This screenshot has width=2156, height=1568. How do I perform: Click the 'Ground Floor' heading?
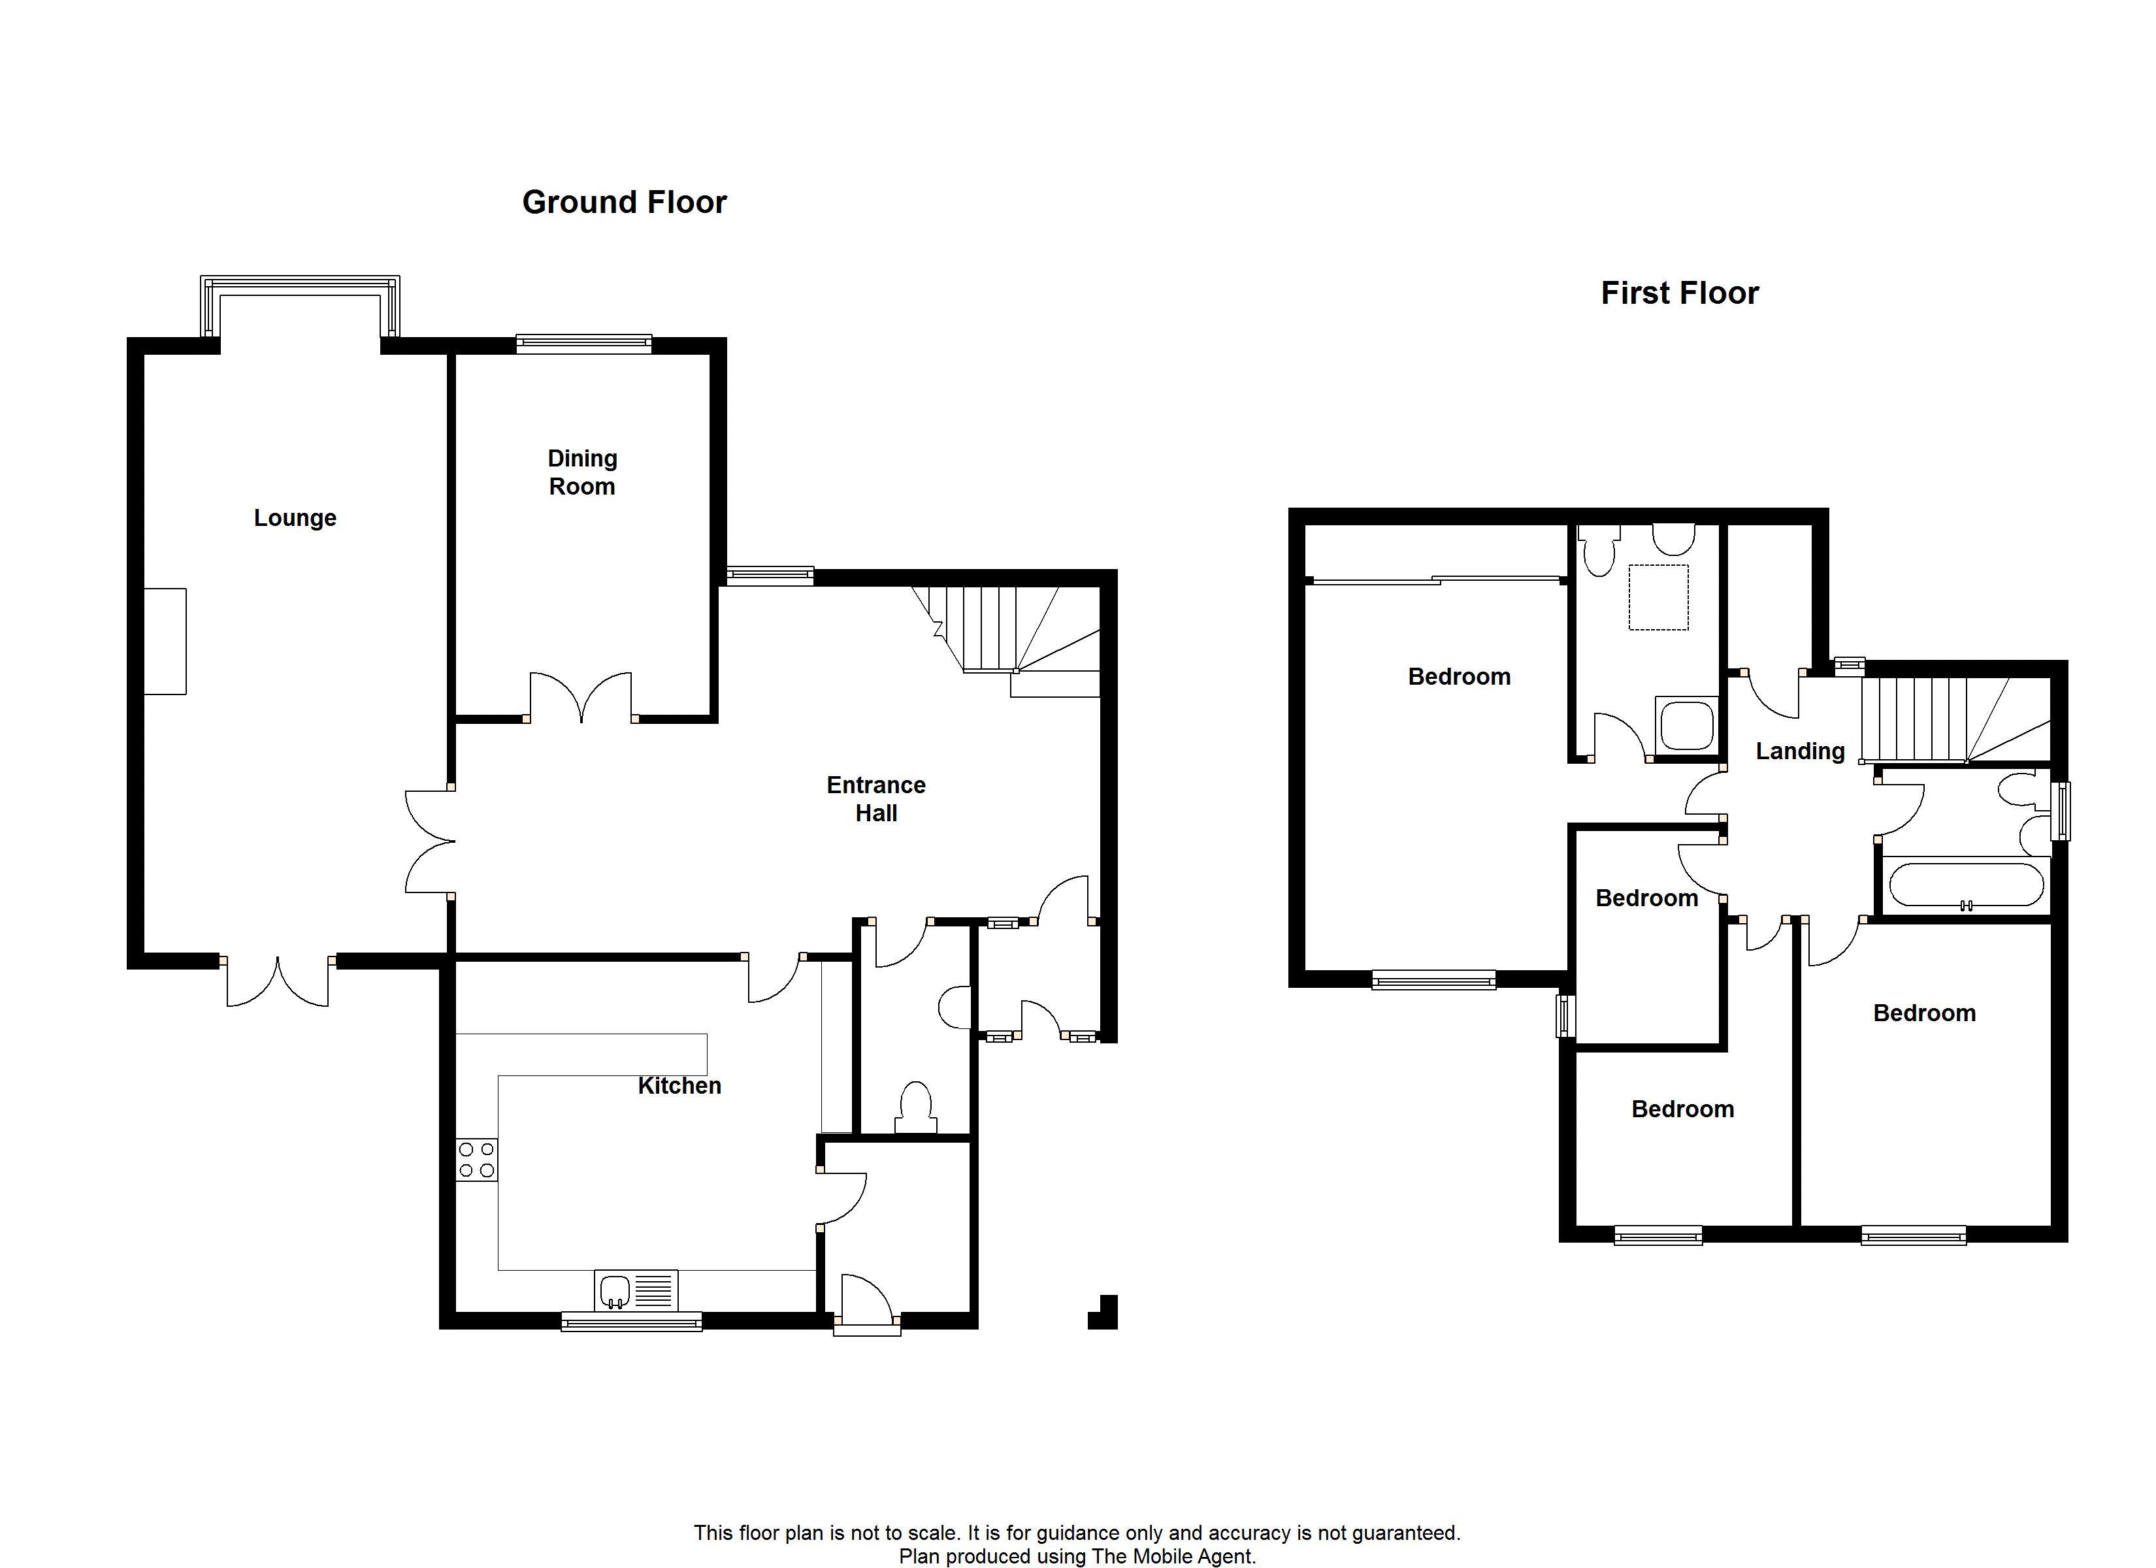pos(625,203)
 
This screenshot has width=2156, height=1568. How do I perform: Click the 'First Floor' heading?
pos(1680,293)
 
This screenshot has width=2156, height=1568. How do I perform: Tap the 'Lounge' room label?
pos(295,518)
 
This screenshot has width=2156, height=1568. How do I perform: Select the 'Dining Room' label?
pos(583,472)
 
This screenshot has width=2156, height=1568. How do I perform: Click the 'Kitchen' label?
pos(679,1086)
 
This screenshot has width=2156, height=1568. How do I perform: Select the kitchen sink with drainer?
pos(636,1291)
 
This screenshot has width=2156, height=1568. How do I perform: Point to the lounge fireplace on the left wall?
pos(165,641)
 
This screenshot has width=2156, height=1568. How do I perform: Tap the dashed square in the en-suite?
pos(1659,597)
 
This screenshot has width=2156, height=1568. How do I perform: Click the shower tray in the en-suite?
pos(1686,725)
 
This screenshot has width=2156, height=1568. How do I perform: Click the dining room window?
pos(583,344)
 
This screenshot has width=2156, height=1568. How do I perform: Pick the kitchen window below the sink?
pos(631,1321)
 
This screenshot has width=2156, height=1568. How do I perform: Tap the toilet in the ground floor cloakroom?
pos(915,1108)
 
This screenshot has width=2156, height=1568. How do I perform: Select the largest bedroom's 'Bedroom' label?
pos(1459,677)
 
